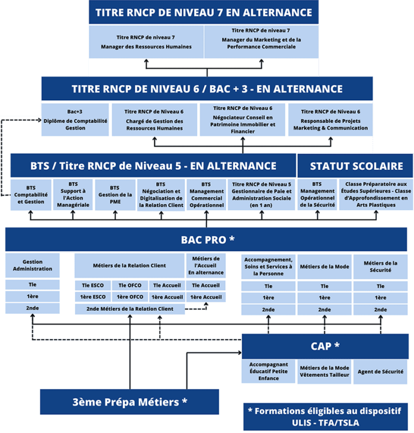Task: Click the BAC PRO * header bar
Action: (206, 239)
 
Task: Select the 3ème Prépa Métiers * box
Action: (129, 401)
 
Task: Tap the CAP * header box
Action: (325, 346)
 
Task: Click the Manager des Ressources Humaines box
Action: (146, 42)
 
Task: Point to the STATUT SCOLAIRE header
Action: (356, 166)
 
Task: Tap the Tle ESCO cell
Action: (93, 286)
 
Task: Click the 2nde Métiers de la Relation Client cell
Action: (130, 309)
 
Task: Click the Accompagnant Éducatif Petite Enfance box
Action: (268, 372)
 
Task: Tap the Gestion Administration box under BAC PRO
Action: (32, 265)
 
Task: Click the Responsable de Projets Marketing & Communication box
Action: (330, 120)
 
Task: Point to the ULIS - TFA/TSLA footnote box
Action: (325, 416)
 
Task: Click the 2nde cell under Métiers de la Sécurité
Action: (381, 310)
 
